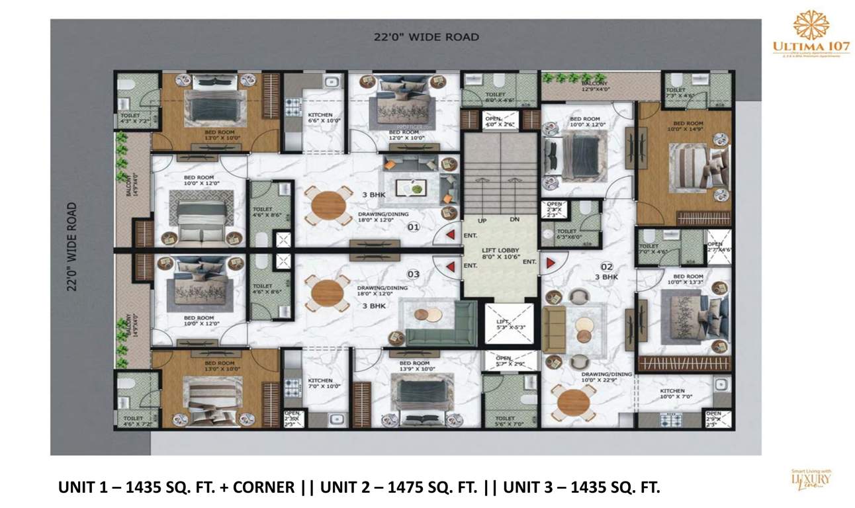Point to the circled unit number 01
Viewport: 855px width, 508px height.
(414, 227)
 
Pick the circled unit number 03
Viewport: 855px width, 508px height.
(413, 273)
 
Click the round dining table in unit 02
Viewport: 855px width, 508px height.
(574, 402)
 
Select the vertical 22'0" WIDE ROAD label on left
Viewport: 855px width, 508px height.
(73, 246)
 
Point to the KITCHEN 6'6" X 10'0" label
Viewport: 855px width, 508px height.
(320, 118)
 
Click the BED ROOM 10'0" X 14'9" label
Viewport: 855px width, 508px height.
(688, 126)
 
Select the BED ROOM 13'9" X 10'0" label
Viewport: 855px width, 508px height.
(414, 366)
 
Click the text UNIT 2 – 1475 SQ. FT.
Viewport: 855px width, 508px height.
(399, 488)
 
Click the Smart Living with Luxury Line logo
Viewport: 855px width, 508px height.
(811, 478)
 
